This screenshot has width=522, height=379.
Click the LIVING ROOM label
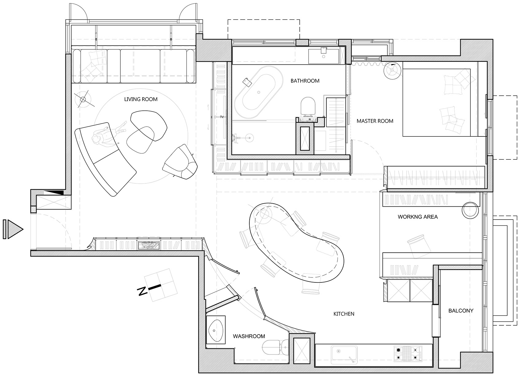141,99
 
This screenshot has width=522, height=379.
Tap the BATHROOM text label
305,81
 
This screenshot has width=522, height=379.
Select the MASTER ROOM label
375,121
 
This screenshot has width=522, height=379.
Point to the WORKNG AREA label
418,217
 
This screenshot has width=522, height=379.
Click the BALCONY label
461,311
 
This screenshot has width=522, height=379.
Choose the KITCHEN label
344,314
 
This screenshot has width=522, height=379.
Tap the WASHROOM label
249,336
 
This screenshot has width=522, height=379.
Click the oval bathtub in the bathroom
259,92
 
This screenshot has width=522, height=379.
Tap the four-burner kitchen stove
407,353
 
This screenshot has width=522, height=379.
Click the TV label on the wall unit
222,117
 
